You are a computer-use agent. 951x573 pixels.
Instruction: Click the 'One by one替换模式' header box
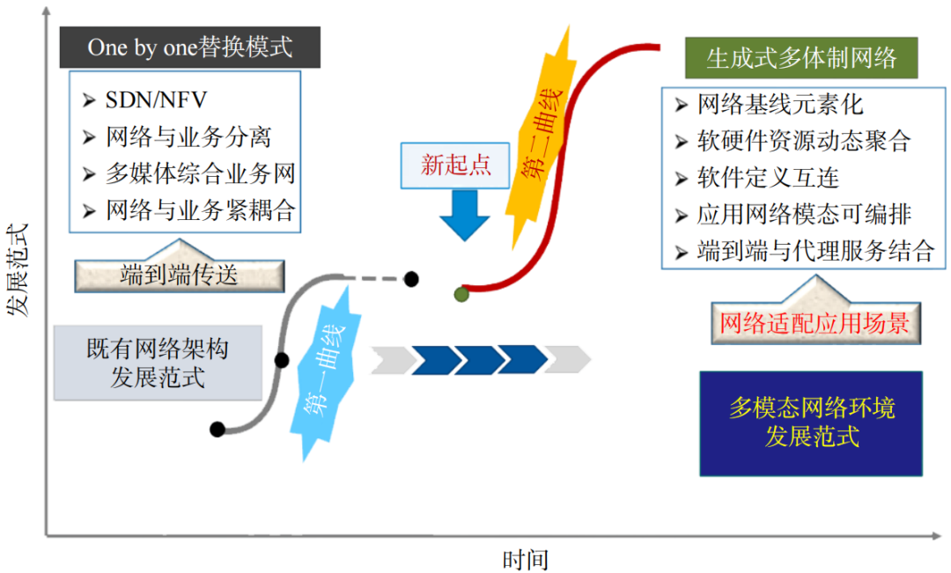[189, 47]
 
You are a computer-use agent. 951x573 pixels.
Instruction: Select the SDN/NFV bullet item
[156, 99]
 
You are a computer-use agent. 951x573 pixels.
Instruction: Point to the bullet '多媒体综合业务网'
[200, 173]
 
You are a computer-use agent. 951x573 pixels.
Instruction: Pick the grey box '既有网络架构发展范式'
[158, 363]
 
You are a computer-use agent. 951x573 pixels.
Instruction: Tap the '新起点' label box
[454, 165]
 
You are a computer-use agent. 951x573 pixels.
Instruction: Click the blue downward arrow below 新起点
[464, 215]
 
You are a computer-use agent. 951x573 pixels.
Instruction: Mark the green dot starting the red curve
[461, 294]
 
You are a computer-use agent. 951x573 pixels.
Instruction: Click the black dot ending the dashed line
[411, 279]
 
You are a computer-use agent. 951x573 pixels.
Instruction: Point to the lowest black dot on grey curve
[217, 430]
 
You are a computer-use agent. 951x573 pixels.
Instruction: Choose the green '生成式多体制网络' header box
[801, 58]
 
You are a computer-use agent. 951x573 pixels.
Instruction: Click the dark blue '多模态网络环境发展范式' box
[811, 422]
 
